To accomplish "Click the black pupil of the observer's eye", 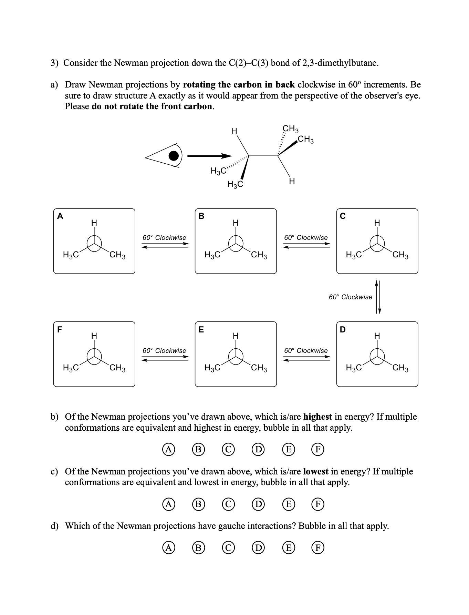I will point(174,156).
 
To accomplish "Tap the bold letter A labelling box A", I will point(60,216).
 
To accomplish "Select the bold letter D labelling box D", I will point(343,329).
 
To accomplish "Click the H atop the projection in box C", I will point(377,223).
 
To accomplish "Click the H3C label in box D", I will point(354,368).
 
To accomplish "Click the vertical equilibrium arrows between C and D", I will point(378,297).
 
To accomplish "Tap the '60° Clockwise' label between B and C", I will point(306,237).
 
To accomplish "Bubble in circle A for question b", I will point(168,449).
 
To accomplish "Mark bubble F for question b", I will point(318,449).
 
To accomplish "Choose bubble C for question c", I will point(228,504).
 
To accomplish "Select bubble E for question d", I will point(288,547).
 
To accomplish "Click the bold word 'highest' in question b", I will point(317,417).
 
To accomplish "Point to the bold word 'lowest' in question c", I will point(316,471).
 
